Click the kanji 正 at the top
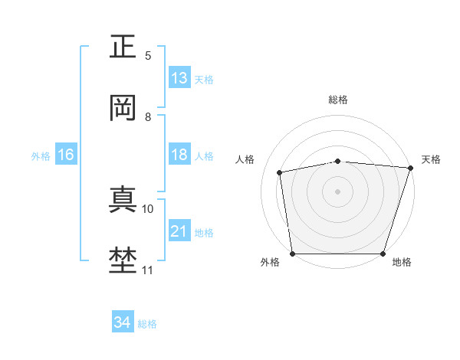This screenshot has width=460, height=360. click(123, 47)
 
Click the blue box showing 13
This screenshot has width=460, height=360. click(179, 78)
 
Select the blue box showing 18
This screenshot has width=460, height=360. click(179, 155)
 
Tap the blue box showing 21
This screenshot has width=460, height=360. click(179, 231)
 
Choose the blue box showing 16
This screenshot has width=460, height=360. click(66, 155)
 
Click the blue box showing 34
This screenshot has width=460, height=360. click(123, 322)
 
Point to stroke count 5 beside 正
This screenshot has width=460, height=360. click(148, 55)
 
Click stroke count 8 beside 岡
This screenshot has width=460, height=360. click(148, 117)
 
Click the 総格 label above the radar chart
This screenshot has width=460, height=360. click(338, 100)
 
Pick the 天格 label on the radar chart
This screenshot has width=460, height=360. click(431, 159)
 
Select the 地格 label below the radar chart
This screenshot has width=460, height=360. click(402, 262)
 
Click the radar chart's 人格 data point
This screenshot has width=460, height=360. click(281, 172)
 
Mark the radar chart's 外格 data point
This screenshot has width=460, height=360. click(292, 254)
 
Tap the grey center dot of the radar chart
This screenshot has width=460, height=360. click(338, 191)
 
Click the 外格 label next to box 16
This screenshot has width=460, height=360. click(41, 155)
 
